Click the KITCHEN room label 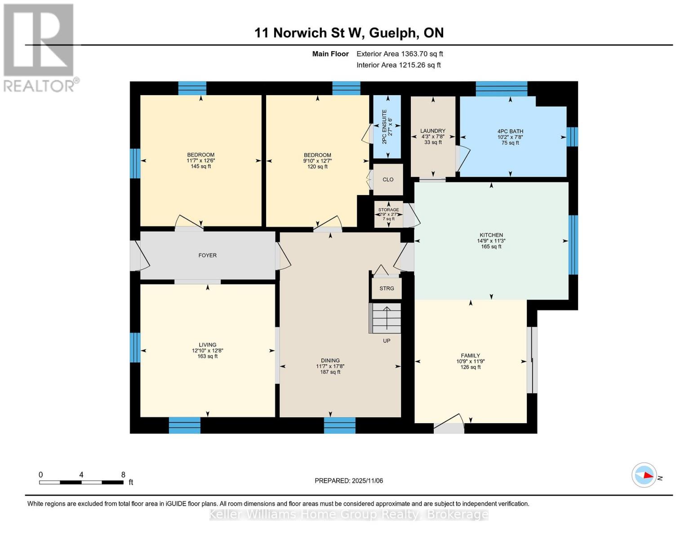[x=491, y=235]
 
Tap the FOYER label [x=207, y=255]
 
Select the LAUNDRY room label [x=432, y=131]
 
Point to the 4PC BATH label [x=510, y=131]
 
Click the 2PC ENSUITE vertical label [x=384, y=127]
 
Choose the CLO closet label [x=388, y=179]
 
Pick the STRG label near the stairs [x=387, y=288]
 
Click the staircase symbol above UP [x=385, y=318]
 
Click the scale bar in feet [x=81, y=482]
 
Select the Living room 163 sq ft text [x=207, y=356]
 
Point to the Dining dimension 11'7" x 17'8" [x=330, y=366]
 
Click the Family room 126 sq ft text [x=470, y=367]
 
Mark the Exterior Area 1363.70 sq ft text [x=400, y=53]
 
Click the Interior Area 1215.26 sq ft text [x=398, y=65]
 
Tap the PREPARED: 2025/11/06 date [x=349, y=481]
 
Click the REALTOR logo [x=40, y=47]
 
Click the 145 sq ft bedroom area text [x=200, y=166]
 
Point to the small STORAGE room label [x=388, y=210]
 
